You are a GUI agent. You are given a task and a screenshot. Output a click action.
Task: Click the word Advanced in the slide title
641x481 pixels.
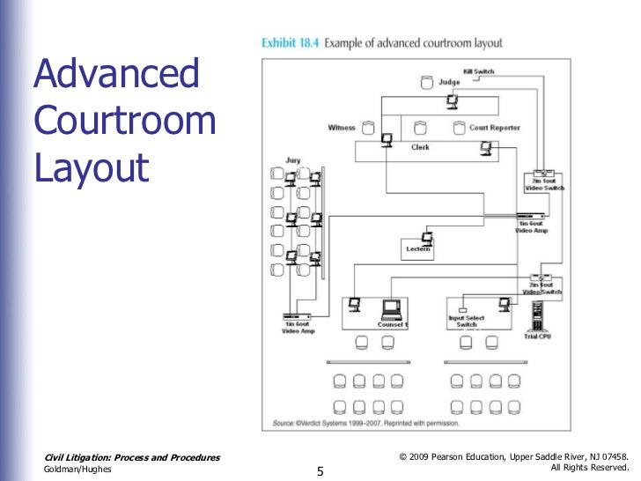pyautogui.click(x=116, y=76)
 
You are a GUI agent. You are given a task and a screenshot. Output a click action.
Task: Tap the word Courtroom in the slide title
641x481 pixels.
pyautogui.click(x=124, y=121)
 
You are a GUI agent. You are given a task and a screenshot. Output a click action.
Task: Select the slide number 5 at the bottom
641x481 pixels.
pyautogui.click(x=320, y=472)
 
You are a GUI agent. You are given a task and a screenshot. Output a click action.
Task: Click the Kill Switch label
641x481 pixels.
pyautogui.click(x=480, y=71)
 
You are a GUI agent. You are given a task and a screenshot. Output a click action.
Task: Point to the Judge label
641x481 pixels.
pyautogui.click(x=450, y=83)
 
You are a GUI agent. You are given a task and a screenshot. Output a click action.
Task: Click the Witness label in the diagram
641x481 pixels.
pyautogui.click(x=341, y=128)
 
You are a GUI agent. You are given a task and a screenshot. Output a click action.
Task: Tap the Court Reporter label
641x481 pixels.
pyautogui.click(x=494, y=128)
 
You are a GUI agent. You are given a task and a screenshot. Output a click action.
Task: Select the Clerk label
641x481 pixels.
pyautogui.click(x=420, y=148)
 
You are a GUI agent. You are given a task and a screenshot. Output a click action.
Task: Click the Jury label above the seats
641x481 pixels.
pyautogui.click(x=292, y=160)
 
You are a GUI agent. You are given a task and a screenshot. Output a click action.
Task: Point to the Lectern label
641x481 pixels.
pyautogui.click(x=418, y=249)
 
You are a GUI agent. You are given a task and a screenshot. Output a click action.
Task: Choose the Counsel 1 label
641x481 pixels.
pyautogui.click(x=392, y=324)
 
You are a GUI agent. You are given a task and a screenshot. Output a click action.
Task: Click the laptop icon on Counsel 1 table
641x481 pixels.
pyautogui.click(x=392, y=308)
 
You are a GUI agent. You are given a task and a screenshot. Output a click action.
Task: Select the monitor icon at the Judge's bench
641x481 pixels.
pyautogui.click(x=452, y=100)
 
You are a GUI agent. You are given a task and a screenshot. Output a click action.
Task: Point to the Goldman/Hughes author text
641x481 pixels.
pyautogui.click(x=77, y=470)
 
